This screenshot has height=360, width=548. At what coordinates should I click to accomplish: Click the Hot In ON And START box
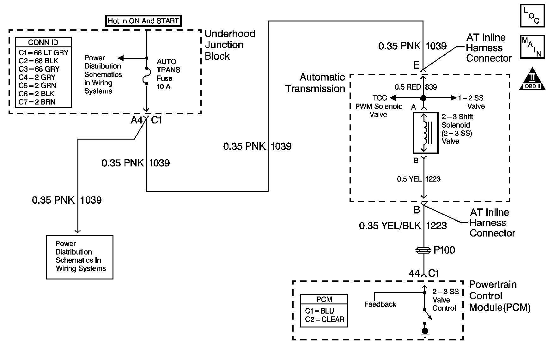(x=143, y=21)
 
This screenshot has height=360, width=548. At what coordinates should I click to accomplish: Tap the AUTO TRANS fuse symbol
(x=146, y=76)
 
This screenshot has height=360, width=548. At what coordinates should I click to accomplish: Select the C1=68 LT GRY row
(x=44, y=52)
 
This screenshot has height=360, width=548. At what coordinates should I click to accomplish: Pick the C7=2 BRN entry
(x=37, y=102)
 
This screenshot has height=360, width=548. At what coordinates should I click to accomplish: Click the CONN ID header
(x=43, y=42)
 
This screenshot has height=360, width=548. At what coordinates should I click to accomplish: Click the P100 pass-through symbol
(x=423, y=250)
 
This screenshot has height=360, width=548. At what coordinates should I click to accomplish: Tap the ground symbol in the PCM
(x=425, y=330)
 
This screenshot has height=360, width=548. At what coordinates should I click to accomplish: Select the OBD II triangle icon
(x=533, y=79)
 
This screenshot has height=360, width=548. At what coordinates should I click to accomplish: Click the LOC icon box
(x=533, y=15)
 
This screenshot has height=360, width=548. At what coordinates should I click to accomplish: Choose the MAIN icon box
(x=533, y=47)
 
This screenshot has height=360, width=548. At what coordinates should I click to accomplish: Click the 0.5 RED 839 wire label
(x=416, y=87)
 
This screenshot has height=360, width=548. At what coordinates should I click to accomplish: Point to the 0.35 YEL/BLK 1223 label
(x=403, y=226)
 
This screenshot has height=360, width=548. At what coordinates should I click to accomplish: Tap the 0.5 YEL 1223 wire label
(x=419, y=179)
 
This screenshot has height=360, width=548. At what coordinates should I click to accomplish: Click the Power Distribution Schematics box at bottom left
(x=80, y=257)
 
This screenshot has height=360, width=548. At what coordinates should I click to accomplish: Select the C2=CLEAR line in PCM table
(x=325, y=320)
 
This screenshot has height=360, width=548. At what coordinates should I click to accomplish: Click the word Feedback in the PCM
(x=380, y=304)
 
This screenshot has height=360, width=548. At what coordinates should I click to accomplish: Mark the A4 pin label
(x=137, y=120)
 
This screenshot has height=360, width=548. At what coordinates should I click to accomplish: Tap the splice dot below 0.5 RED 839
(x=423, y=98)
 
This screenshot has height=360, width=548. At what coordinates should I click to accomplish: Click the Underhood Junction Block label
(x=230, y=45)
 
